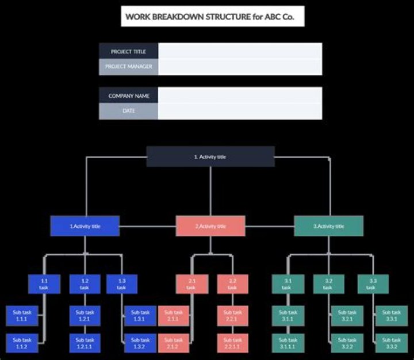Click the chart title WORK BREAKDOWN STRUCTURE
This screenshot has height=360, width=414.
[x=213, y=17]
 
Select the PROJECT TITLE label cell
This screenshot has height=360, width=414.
[x=128, y=51]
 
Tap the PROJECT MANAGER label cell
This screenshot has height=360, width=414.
[x=128, y=67]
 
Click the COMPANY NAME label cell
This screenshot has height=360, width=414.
[x=128, y=95]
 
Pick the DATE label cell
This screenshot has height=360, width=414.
[x=128, y=110]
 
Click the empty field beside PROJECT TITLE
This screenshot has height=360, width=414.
[x=240, y=51]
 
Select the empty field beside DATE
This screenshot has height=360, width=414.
[x=240, y=110]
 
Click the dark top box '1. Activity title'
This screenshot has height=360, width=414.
[x=210, y=156]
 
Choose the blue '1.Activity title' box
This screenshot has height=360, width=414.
[x=85, y=226]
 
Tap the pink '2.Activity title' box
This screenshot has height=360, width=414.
[x=210, y=226]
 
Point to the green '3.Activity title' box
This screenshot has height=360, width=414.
[x=329, y=226]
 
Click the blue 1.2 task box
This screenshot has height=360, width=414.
[x=85, y=284]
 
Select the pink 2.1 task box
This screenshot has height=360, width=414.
[x=191, y=284]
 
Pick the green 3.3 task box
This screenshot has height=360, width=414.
[x=373, y=284]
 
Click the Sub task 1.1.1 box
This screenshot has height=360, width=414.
[x=22, y=315]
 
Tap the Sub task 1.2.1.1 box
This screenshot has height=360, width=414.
[x=85, y=343]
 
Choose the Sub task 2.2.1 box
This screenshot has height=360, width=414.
[x=232, y=315]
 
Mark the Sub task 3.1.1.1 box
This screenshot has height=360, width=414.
[x=288, y=343]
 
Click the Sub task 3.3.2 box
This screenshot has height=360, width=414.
[x=391, y=343]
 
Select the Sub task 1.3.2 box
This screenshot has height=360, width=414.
[x=139, y=343]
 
